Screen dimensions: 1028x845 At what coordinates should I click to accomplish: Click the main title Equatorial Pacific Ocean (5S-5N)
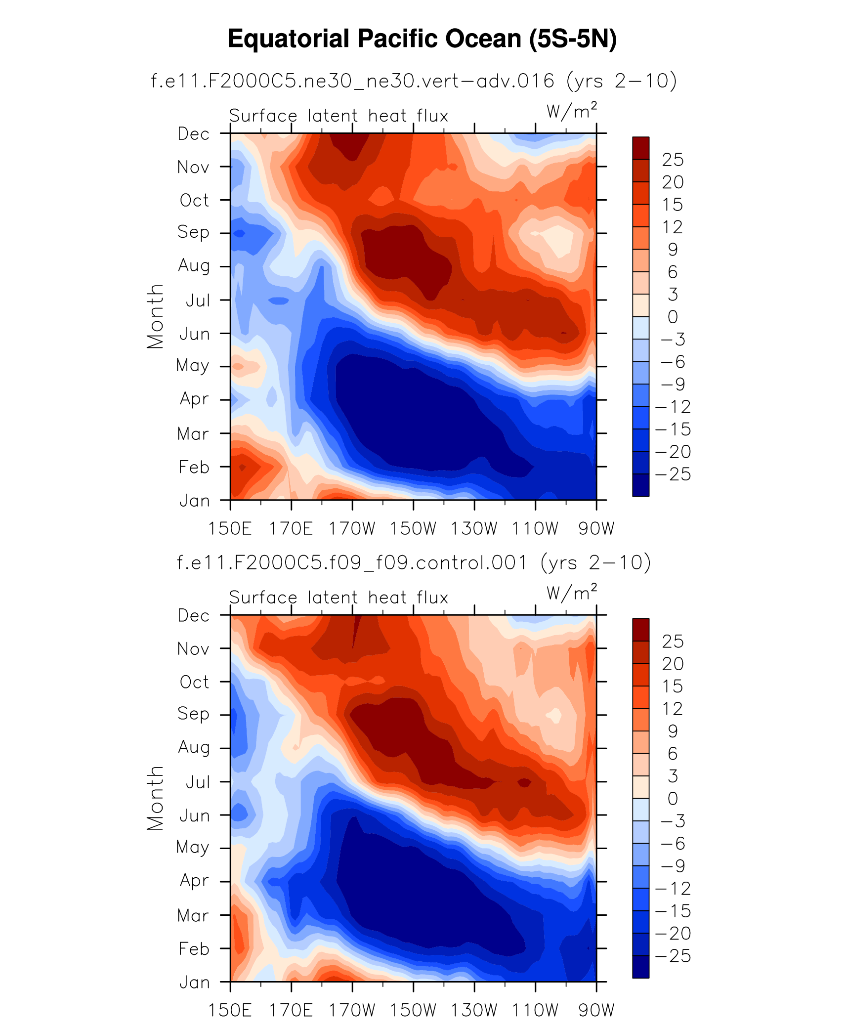[422, 39]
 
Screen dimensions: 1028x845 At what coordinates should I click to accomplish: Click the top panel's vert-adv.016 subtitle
[414, 81]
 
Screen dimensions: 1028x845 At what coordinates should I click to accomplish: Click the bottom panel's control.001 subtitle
[414, 562]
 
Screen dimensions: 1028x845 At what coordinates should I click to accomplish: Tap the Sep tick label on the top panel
[193, 232]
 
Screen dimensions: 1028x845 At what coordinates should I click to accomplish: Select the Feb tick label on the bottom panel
[194, 949]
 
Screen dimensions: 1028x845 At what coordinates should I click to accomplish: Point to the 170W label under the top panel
[352, 529]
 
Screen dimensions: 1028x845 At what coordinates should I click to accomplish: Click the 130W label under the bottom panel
[474, 1010]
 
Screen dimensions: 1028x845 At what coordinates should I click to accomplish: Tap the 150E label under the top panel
[230, 529]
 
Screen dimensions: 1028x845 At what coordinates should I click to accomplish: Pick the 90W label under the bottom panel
[596, 1010]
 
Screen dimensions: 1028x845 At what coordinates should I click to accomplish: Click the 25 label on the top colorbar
[673, 160]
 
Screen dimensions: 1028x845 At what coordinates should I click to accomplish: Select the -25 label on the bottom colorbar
[673, 956]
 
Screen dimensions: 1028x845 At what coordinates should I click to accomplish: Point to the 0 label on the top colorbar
[673, 317]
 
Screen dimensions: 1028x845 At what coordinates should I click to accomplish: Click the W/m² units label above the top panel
[572, 111]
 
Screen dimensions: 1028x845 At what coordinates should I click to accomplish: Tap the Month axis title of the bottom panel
[155, 798]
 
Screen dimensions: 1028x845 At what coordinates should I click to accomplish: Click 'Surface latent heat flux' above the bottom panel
[338, 598]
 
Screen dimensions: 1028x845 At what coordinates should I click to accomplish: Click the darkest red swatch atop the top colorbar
[640, 148]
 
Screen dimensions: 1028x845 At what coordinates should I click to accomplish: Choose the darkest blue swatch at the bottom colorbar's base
[640, 967]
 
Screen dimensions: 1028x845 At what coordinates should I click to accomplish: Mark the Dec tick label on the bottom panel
[193, 616]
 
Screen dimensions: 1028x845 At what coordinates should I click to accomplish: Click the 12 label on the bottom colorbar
[673, 709]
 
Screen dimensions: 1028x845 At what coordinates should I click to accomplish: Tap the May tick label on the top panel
[193, 366]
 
